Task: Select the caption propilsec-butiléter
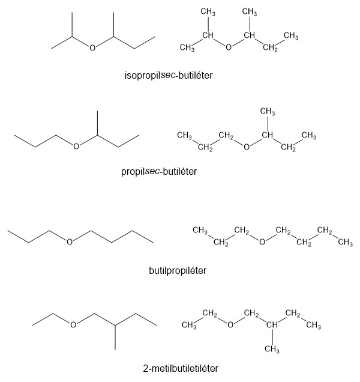(159, 171)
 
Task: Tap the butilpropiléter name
(178, 270)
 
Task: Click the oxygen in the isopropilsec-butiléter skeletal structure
(92, 47)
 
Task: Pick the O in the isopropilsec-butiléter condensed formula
(229, 48)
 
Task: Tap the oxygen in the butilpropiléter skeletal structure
(70, 242)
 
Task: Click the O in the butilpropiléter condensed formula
(262, 242)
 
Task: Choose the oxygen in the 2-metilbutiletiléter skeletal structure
(73, 325)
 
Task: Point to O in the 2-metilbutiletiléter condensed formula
(229, 326)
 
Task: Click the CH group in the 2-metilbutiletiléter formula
(272, 326)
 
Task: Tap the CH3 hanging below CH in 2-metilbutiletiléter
(273, 349)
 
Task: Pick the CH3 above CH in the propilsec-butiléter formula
(268, 111)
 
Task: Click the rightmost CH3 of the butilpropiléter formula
(345, 243)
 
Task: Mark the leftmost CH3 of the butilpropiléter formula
(200, 230)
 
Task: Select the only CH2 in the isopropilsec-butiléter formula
(271, 49)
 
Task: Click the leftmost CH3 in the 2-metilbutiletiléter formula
(190, 326)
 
